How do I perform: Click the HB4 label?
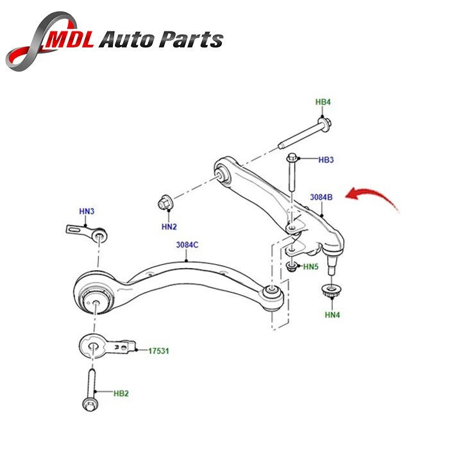coord(323,102)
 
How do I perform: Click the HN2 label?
coord(169,226)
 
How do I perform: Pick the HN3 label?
coord(87,211)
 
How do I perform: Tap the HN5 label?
coord(311,266)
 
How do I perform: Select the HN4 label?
coord(332,314)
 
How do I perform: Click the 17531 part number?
coord(159,351)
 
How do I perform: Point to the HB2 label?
coord(121,393)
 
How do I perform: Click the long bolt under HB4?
coord(304,133)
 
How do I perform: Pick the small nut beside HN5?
coord(291,266)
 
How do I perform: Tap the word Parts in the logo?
coord(190,40)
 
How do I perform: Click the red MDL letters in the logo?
coord(72,40)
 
